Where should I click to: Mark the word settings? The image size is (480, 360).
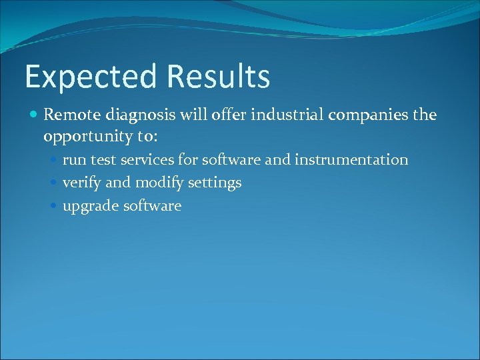point(215,183)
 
